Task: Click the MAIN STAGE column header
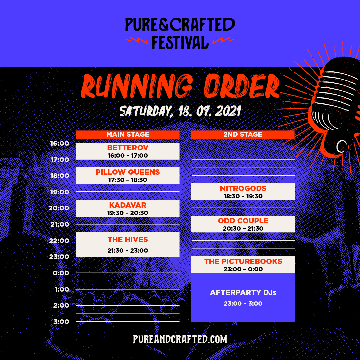coord(128,134)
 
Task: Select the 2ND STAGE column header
coord(243,134)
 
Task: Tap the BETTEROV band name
coord(128,148)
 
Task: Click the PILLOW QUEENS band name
coord(128,172)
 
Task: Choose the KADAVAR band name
coord(128,205)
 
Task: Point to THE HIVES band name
coord(128,239)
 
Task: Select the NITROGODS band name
coord(243,188)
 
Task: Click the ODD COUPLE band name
coord(243,221)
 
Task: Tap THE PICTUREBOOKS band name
coord(243,261)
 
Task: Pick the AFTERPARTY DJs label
coord(243,292)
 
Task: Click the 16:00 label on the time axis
coord(59,143)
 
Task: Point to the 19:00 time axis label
coord(59,192)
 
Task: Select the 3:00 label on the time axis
coord(61,322)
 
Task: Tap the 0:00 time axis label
coord(61,273)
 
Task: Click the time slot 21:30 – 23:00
coord(128,250)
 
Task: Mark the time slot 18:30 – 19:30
coord(243,196)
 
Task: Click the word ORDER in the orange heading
coord(242,86)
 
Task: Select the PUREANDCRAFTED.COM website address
coord(180,339)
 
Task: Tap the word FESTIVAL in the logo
coord(180,42)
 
